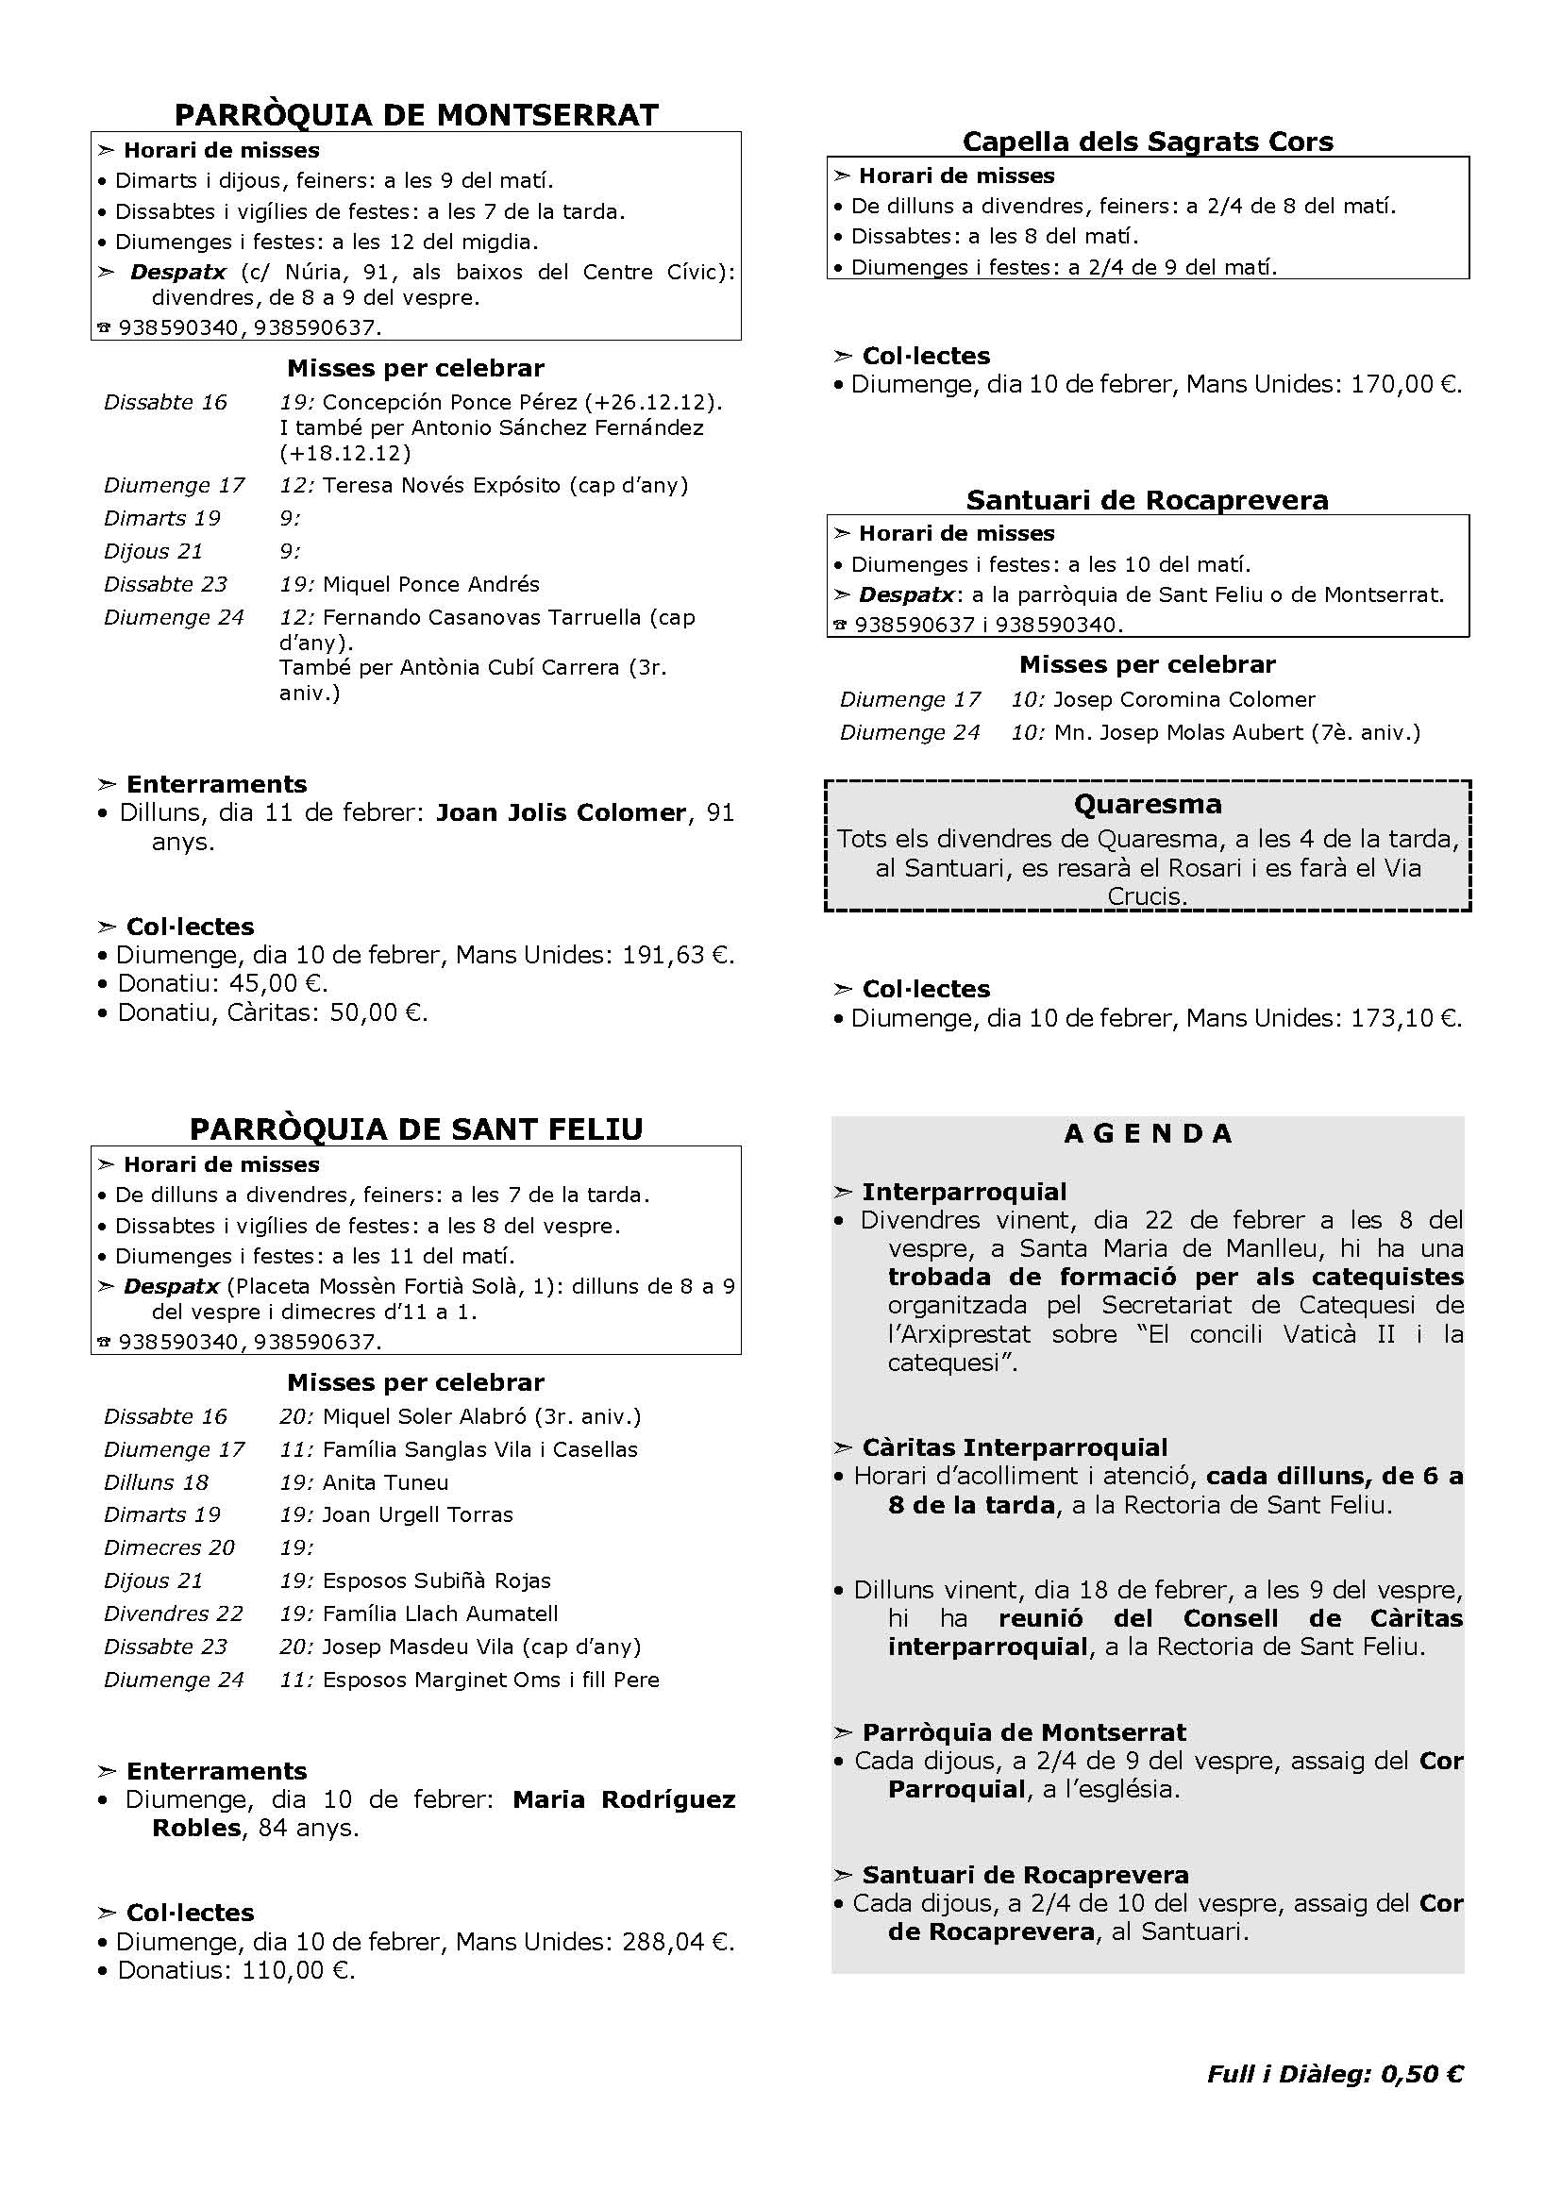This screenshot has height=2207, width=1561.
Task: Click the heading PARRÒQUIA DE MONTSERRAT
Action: [415, 115]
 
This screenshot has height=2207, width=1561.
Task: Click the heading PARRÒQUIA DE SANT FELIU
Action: [415, 1129]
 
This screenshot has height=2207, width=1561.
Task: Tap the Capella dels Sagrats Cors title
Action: [1148, 142]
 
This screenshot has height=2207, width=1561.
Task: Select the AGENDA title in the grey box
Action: [1148, 1134]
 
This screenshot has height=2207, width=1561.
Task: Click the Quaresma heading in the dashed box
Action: [1148, 804]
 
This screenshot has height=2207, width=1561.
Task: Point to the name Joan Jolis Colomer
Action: [561, 813]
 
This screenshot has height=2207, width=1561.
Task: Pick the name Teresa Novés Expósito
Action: [441, 485]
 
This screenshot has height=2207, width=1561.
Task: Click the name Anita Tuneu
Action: [385, 1482]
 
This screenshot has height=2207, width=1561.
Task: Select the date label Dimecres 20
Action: [169, 1547]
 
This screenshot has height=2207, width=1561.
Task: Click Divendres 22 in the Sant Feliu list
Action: [173, 1613]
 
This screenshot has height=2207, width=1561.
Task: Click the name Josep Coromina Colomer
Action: [1183, 700]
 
